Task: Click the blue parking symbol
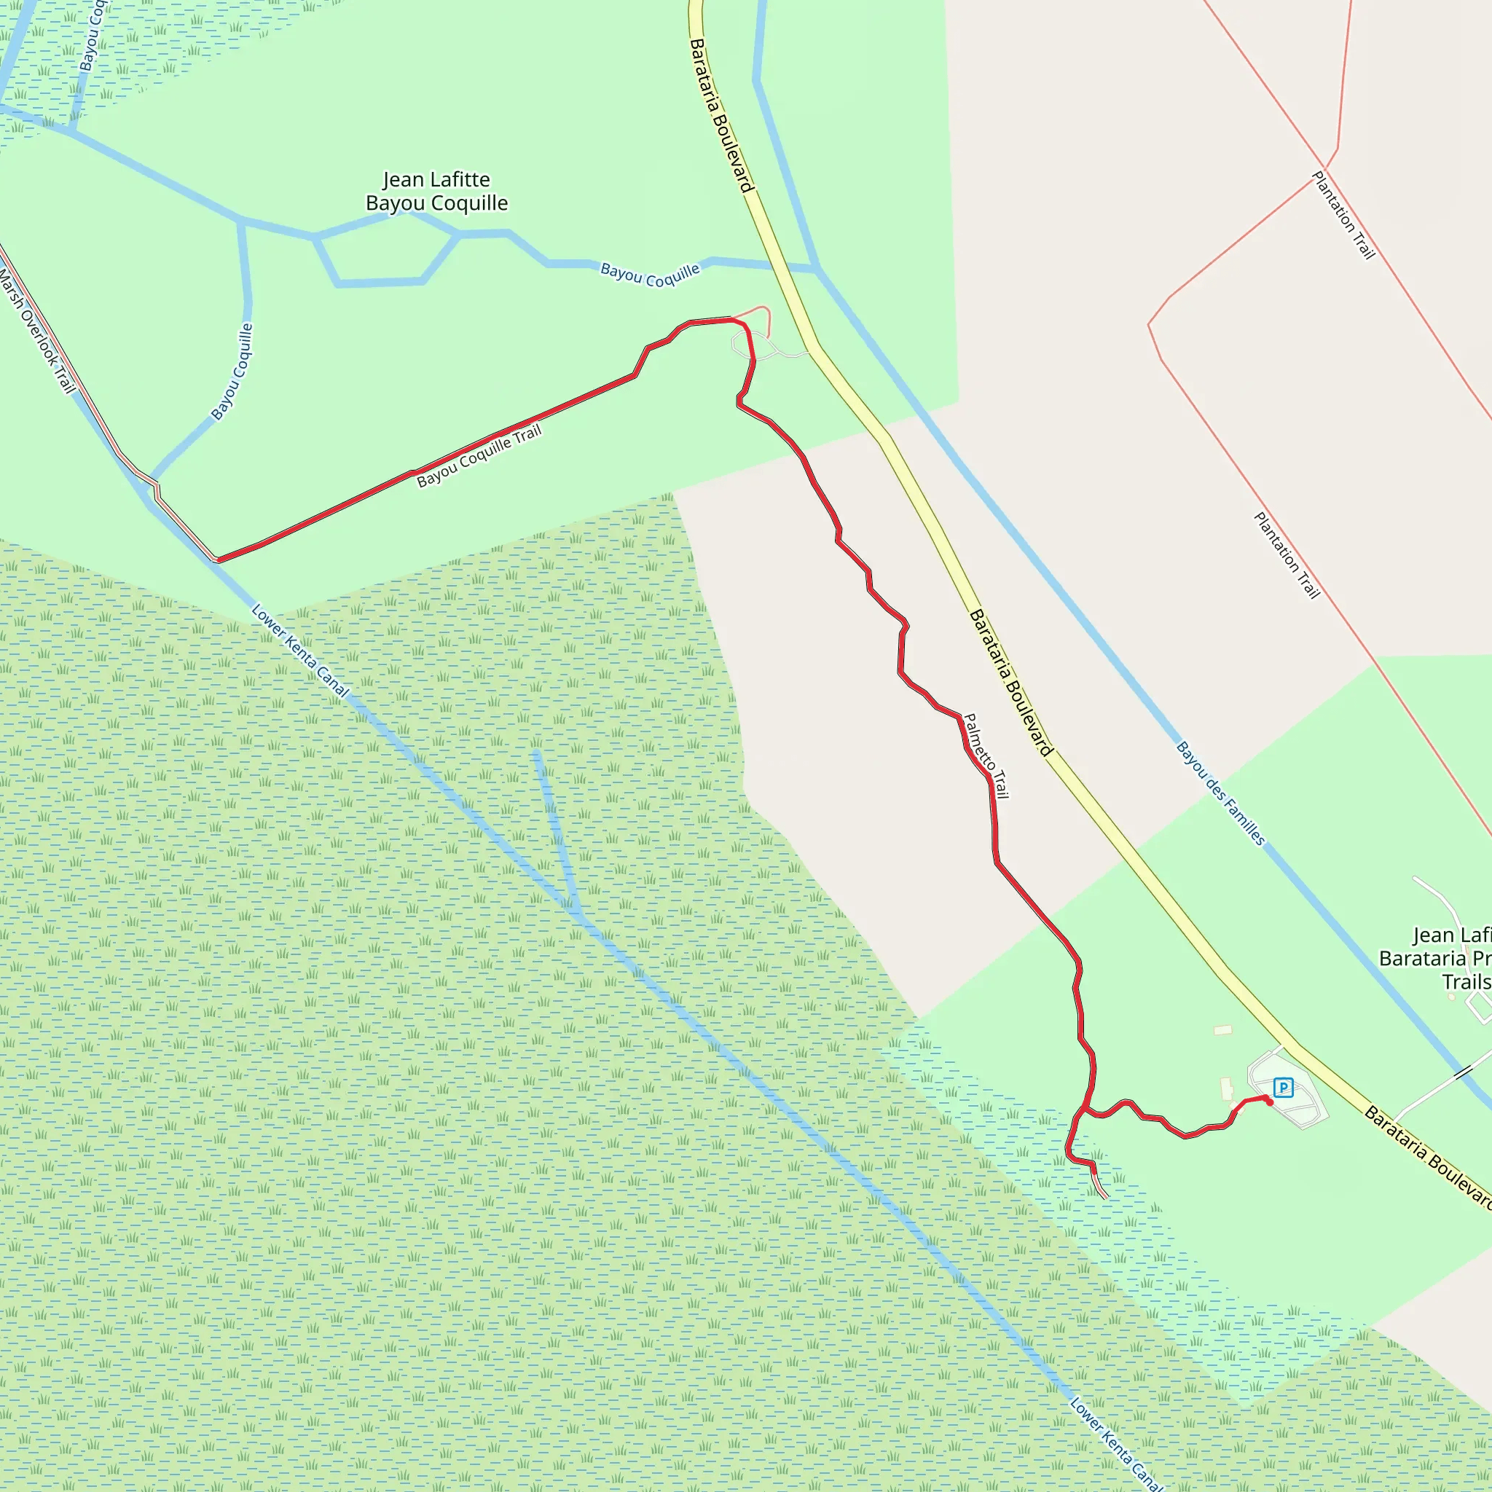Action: click(x=1283, y=1088)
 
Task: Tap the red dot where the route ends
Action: click(x=1270, y=1102)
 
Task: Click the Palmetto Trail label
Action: click(x=986, y=755)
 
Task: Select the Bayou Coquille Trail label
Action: click(x=479, y=456)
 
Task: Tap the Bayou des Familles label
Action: click(x=1220, y=793)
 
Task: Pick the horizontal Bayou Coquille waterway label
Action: click(x=649, y=275)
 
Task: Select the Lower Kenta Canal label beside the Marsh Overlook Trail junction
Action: click(x=299, y=651)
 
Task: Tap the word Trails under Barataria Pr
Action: click(x=1467, y=981)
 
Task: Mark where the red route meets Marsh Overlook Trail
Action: click(x=217, y=560)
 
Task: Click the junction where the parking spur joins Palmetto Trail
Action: click(x=1085, y=1110)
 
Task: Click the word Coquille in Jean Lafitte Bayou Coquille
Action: click(x=470, y=203)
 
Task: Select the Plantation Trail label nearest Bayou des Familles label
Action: click(x=1287, y=554)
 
